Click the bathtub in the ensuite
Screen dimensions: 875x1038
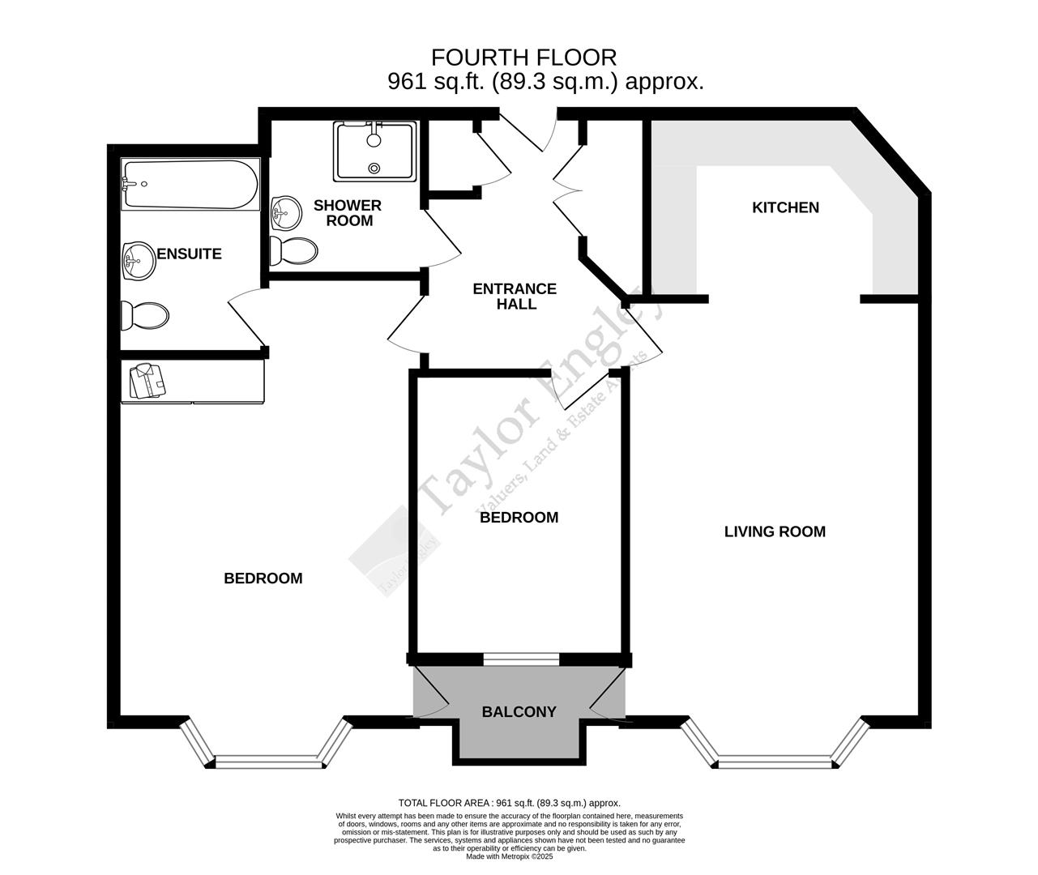point(190,185)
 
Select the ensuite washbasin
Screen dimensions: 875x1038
point(138,261)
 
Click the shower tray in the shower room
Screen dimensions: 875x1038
point(374,151)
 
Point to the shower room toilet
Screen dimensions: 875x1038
point(293,251)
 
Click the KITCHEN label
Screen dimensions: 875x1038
point(785,207)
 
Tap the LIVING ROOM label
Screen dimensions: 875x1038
point(775,531)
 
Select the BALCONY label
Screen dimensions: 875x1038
point(519,712)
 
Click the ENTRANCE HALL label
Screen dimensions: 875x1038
point(515,297)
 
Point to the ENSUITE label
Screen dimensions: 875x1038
point(189,254)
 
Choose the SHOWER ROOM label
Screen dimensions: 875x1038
point(348,213)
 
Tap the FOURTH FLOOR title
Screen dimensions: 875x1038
point(523,58)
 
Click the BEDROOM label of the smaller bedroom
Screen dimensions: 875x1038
point(519,517)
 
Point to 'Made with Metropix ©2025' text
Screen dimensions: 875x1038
point(509,856)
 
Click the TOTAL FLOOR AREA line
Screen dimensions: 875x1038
point(509,802)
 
